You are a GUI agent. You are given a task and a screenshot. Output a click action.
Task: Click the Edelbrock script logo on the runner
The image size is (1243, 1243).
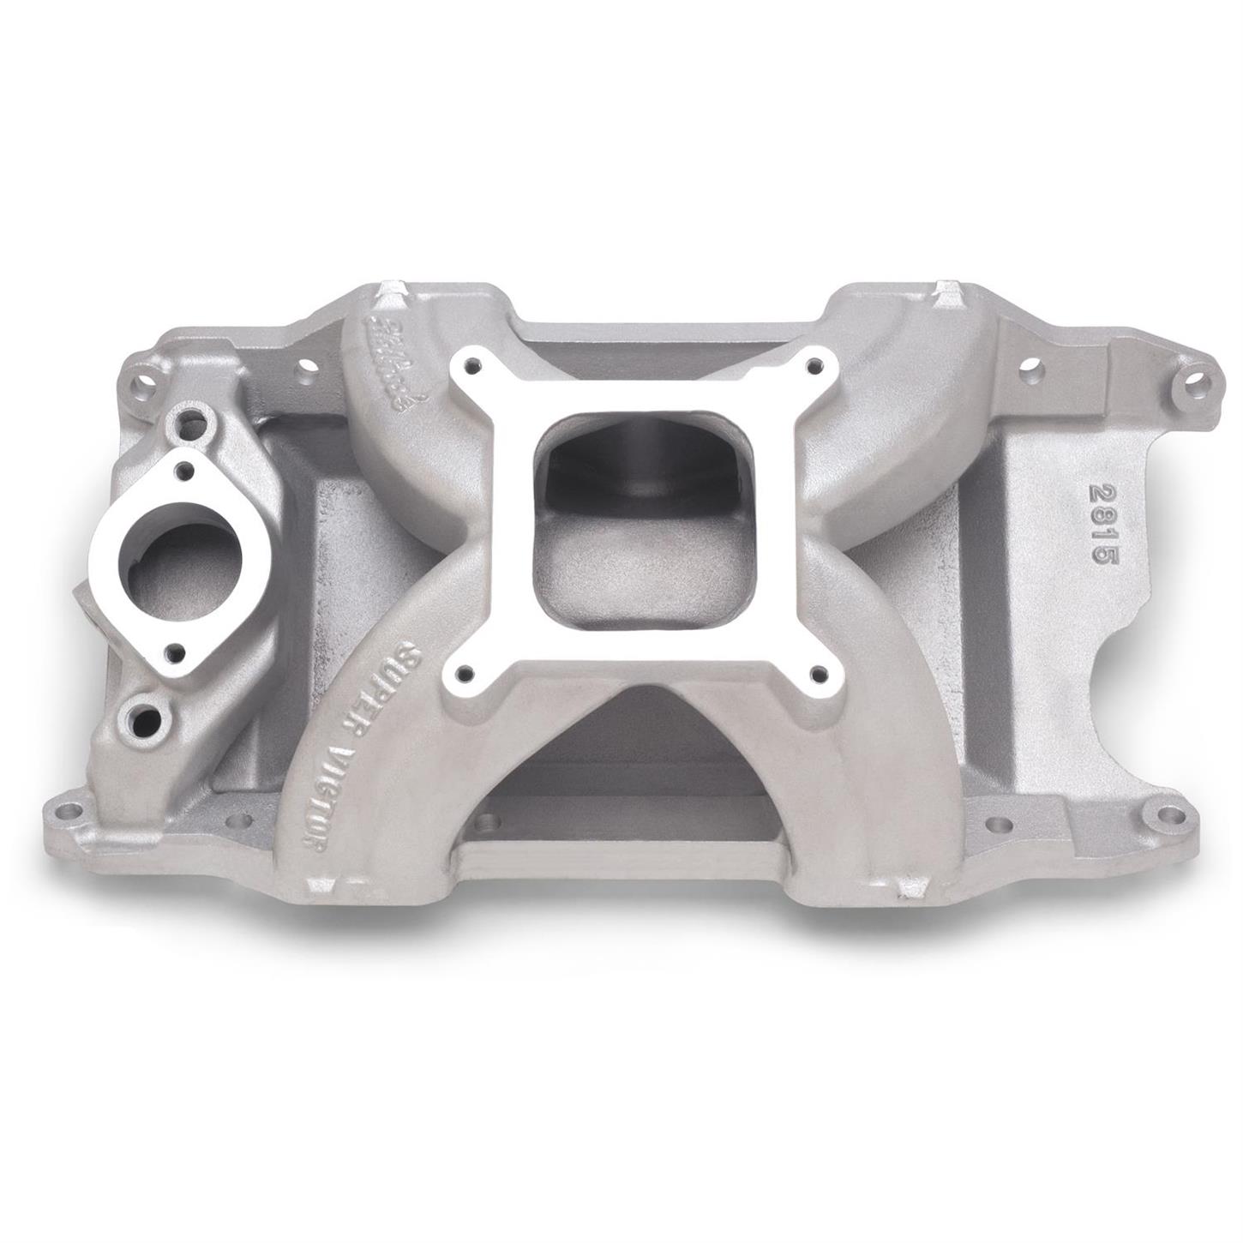[399, 360]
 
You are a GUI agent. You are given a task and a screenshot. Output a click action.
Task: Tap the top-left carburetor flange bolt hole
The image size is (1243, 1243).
[471, 363]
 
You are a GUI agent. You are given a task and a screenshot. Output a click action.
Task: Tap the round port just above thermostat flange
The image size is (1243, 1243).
[203, 418]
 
